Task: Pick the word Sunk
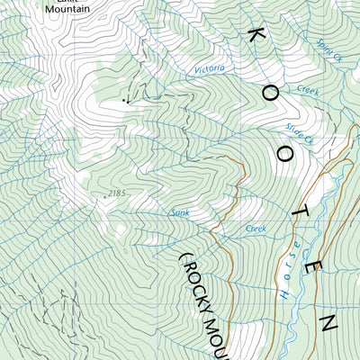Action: [180, 213]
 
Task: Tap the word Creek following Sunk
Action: [256, 229]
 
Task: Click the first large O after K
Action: [271, 93]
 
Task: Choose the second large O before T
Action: [285, 154]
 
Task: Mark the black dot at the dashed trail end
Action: [125, 102]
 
